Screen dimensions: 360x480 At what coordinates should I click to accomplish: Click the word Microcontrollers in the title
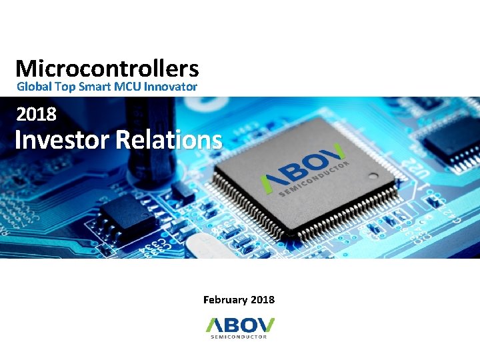point(107,69)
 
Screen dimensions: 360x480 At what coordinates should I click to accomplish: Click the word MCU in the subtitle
point(128,87)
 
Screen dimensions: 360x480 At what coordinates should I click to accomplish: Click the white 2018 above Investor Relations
point(37,115)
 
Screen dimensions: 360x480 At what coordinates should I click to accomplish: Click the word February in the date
point(225,300)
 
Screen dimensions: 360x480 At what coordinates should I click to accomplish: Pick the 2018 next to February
point(263,300)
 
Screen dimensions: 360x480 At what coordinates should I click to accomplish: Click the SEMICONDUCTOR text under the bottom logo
point(239,337)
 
